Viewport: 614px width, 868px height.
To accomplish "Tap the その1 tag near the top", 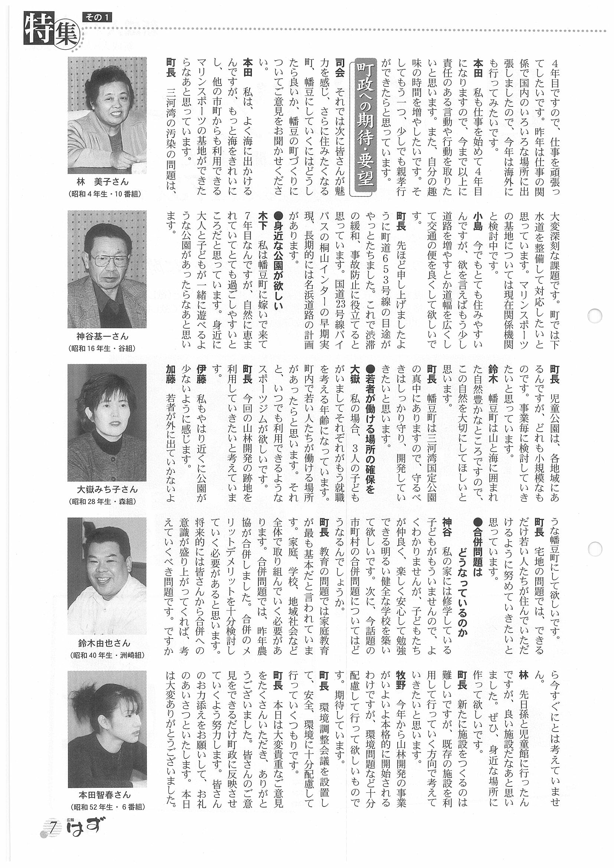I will pyautogui.click(x=97, y=17).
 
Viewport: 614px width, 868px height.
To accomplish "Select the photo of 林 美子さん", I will pyautogui.click(x=107, y=115).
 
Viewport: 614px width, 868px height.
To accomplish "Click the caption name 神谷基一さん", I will pyautogui.click(x=102, y=336).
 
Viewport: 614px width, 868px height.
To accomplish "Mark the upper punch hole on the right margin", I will pyautogui.click(x=595, y=316).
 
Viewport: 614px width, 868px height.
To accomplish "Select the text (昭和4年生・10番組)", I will pyautogui.click(x=105, y=194).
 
